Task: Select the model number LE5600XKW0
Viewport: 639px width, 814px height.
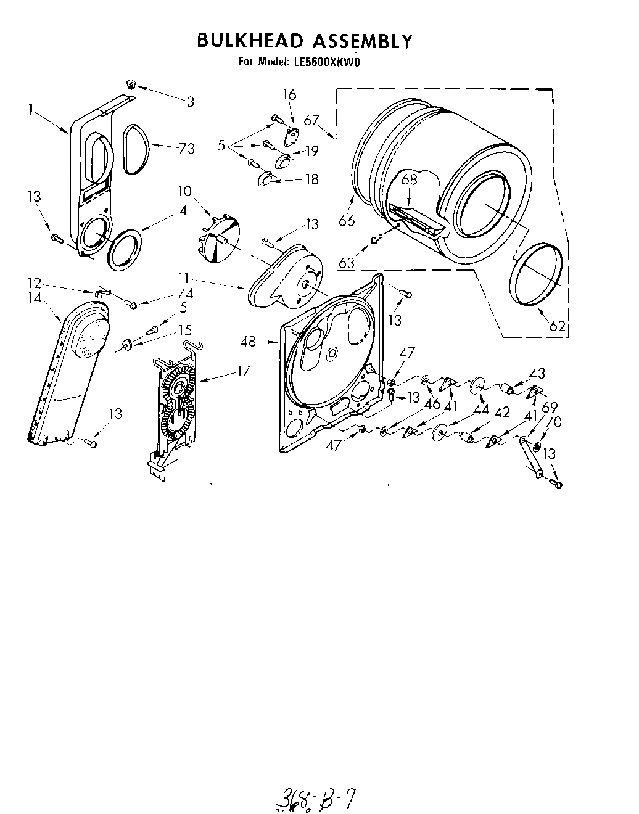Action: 325,62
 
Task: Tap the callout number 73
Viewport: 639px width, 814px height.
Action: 186,148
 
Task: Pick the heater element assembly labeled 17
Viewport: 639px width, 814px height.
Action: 175,401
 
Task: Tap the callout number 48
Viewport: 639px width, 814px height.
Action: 249,341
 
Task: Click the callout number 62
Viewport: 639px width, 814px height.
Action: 557,326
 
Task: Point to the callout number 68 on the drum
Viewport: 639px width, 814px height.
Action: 410,179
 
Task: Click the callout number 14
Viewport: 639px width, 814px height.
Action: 35,298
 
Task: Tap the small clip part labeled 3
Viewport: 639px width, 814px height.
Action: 131,84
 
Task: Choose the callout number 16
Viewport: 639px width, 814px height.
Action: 289,95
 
